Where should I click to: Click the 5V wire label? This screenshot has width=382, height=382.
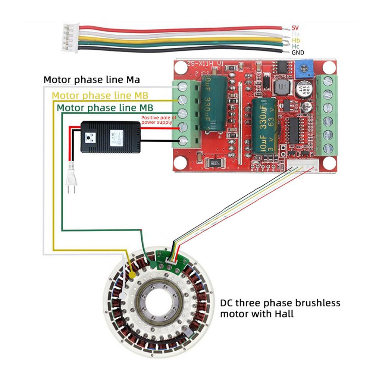[x=295, y=28]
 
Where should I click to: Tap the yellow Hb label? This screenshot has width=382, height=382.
[x=296, y=40]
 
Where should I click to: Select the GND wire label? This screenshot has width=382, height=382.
[x=298, y=53]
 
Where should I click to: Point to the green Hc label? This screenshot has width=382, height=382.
[x=296, y=46]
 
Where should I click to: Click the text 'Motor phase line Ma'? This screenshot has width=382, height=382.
[x=92, y=80]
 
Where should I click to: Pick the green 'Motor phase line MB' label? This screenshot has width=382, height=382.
[x=105, y=108]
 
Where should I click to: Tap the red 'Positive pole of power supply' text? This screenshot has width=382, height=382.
[x=156, y=120]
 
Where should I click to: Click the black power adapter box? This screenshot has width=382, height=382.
[x=111, y=137]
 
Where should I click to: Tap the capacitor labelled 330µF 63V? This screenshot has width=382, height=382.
[x=264, y=125]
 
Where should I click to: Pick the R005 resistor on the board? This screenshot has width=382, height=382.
[x=215, y=163]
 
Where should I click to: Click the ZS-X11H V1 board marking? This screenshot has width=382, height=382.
[x=206, y=64]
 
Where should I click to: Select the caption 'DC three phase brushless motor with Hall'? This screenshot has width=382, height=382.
[x=280, y=308]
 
